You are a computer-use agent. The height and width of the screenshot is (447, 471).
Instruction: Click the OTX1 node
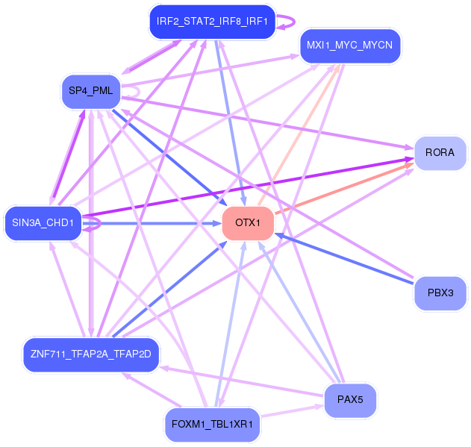pos(248,223)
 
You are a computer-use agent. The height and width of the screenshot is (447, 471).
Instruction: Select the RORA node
pos(440,153)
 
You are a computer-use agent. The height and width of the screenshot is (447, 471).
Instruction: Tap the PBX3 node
pos(440,293)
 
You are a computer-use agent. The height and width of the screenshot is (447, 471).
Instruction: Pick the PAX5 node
pos(350,400)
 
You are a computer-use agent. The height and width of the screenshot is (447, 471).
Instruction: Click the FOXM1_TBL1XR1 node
pos(213,425)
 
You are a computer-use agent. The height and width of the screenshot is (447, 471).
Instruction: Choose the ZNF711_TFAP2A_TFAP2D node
pos(91,354)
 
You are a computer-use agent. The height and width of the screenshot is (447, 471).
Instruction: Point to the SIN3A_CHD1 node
pos(43,223)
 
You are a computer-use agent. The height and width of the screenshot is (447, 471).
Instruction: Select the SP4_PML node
pos(91,91)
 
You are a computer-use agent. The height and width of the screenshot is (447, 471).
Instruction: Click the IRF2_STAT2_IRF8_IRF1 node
pos(213,22)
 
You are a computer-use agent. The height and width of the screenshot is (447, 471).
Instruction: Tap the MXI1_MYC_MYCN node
pos(350,46)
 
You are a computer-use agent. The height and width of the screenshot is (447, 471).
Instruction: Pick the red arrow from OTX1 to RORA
pos(345,188)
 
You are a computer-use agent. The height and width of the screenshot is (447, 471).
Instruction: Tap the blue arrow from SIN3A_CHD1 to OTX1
pos(152,224)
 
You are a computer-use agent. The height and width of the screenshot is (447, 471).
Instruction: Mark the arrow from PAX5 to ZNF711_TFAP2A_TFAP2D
pos(242,381)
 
